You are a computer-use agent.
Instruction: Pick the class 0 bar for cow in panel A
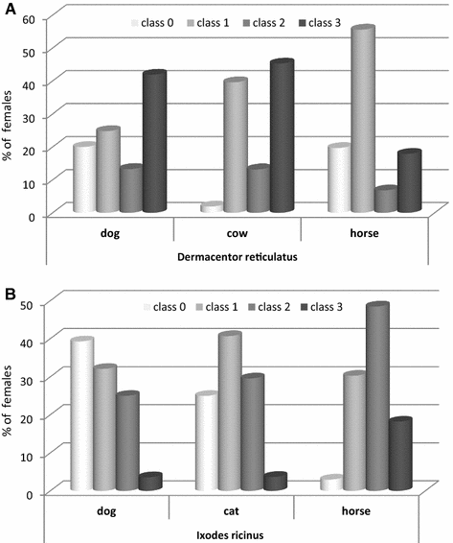click(x=213, y=207)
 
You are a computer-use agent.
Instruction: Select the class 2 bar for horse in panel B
click(x=377, y=397)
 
